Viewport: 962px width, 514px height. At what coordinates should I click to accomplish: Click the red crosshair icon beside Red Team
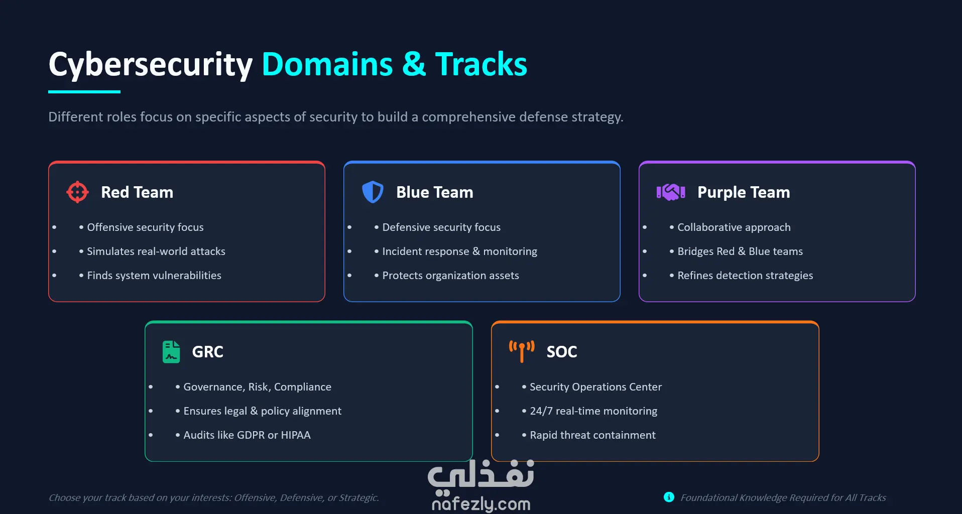(77, 192)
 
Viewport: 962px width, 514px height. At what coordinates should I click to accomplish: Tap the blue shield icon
(373, 192)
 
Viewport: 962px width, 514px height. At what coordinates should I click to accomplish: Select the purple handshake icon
(671, 192)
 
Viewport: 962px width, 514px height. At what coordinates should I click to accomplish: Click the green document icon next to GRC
(171, 351)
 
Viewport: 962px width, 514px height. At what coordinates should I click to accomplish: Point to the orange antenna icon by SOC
(522, 351)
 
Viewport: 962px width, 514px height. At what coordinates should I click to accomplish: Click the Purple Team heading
(743, 192)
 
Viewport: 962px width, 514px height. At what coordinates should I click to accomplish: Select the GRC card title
(207, 352)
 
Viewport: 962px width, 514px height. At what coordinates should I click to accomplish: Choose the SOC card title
(561, 352)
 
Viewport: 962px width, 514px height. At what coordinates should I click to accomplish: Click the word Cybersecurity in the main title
(151, 65)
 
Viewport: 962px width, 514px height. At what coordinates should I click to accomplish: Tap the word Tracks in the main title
(481, 64)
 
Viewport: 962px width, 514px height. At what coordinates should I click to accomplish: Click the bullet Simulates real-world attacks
(156, 251)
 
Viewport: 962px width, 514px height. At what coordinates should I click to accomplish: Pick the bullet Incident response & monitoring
(459, 251)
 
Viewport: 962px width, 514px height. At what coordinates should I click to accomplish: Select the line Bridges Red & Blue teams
(740, 251)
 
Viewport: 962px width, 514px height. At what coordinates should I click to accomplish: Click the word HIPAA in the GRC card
(296, 435)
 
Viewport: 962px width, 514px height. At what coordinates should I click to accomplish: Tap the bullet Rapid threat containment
(592, 435)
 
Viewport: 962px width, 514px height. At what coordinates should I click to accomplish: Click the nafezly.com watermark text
(481, 504)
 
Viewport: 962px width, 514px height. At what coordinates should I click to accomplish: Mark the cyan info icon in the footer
(669, 497)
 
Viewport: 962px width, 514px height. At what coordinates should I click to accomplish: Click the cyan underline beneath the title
(84, 92)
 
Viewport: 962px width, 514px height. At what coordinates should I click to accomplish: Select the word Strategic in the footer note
(358, 498)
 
